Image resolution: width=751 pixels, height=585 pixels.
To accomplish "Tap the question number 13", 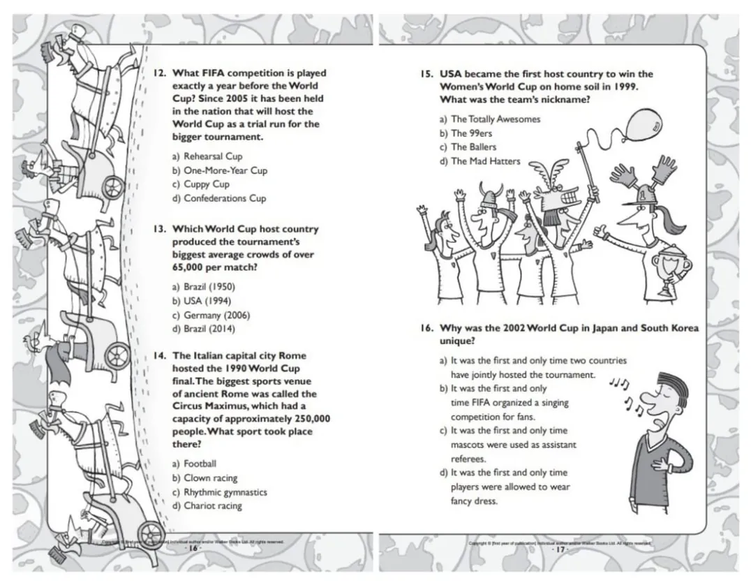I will click(158, 229).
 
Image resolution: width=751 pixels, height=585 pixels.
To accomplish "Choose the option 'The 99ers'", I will click(473, 133).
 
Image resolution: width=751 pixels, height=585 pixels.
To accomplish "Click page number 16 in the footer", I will click(193, 549).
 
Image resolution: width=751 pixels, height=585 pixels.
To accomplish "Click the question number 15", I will click(426, 74).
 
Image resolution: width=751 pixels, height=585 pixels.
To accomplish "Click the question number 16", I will click(426, 328).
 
